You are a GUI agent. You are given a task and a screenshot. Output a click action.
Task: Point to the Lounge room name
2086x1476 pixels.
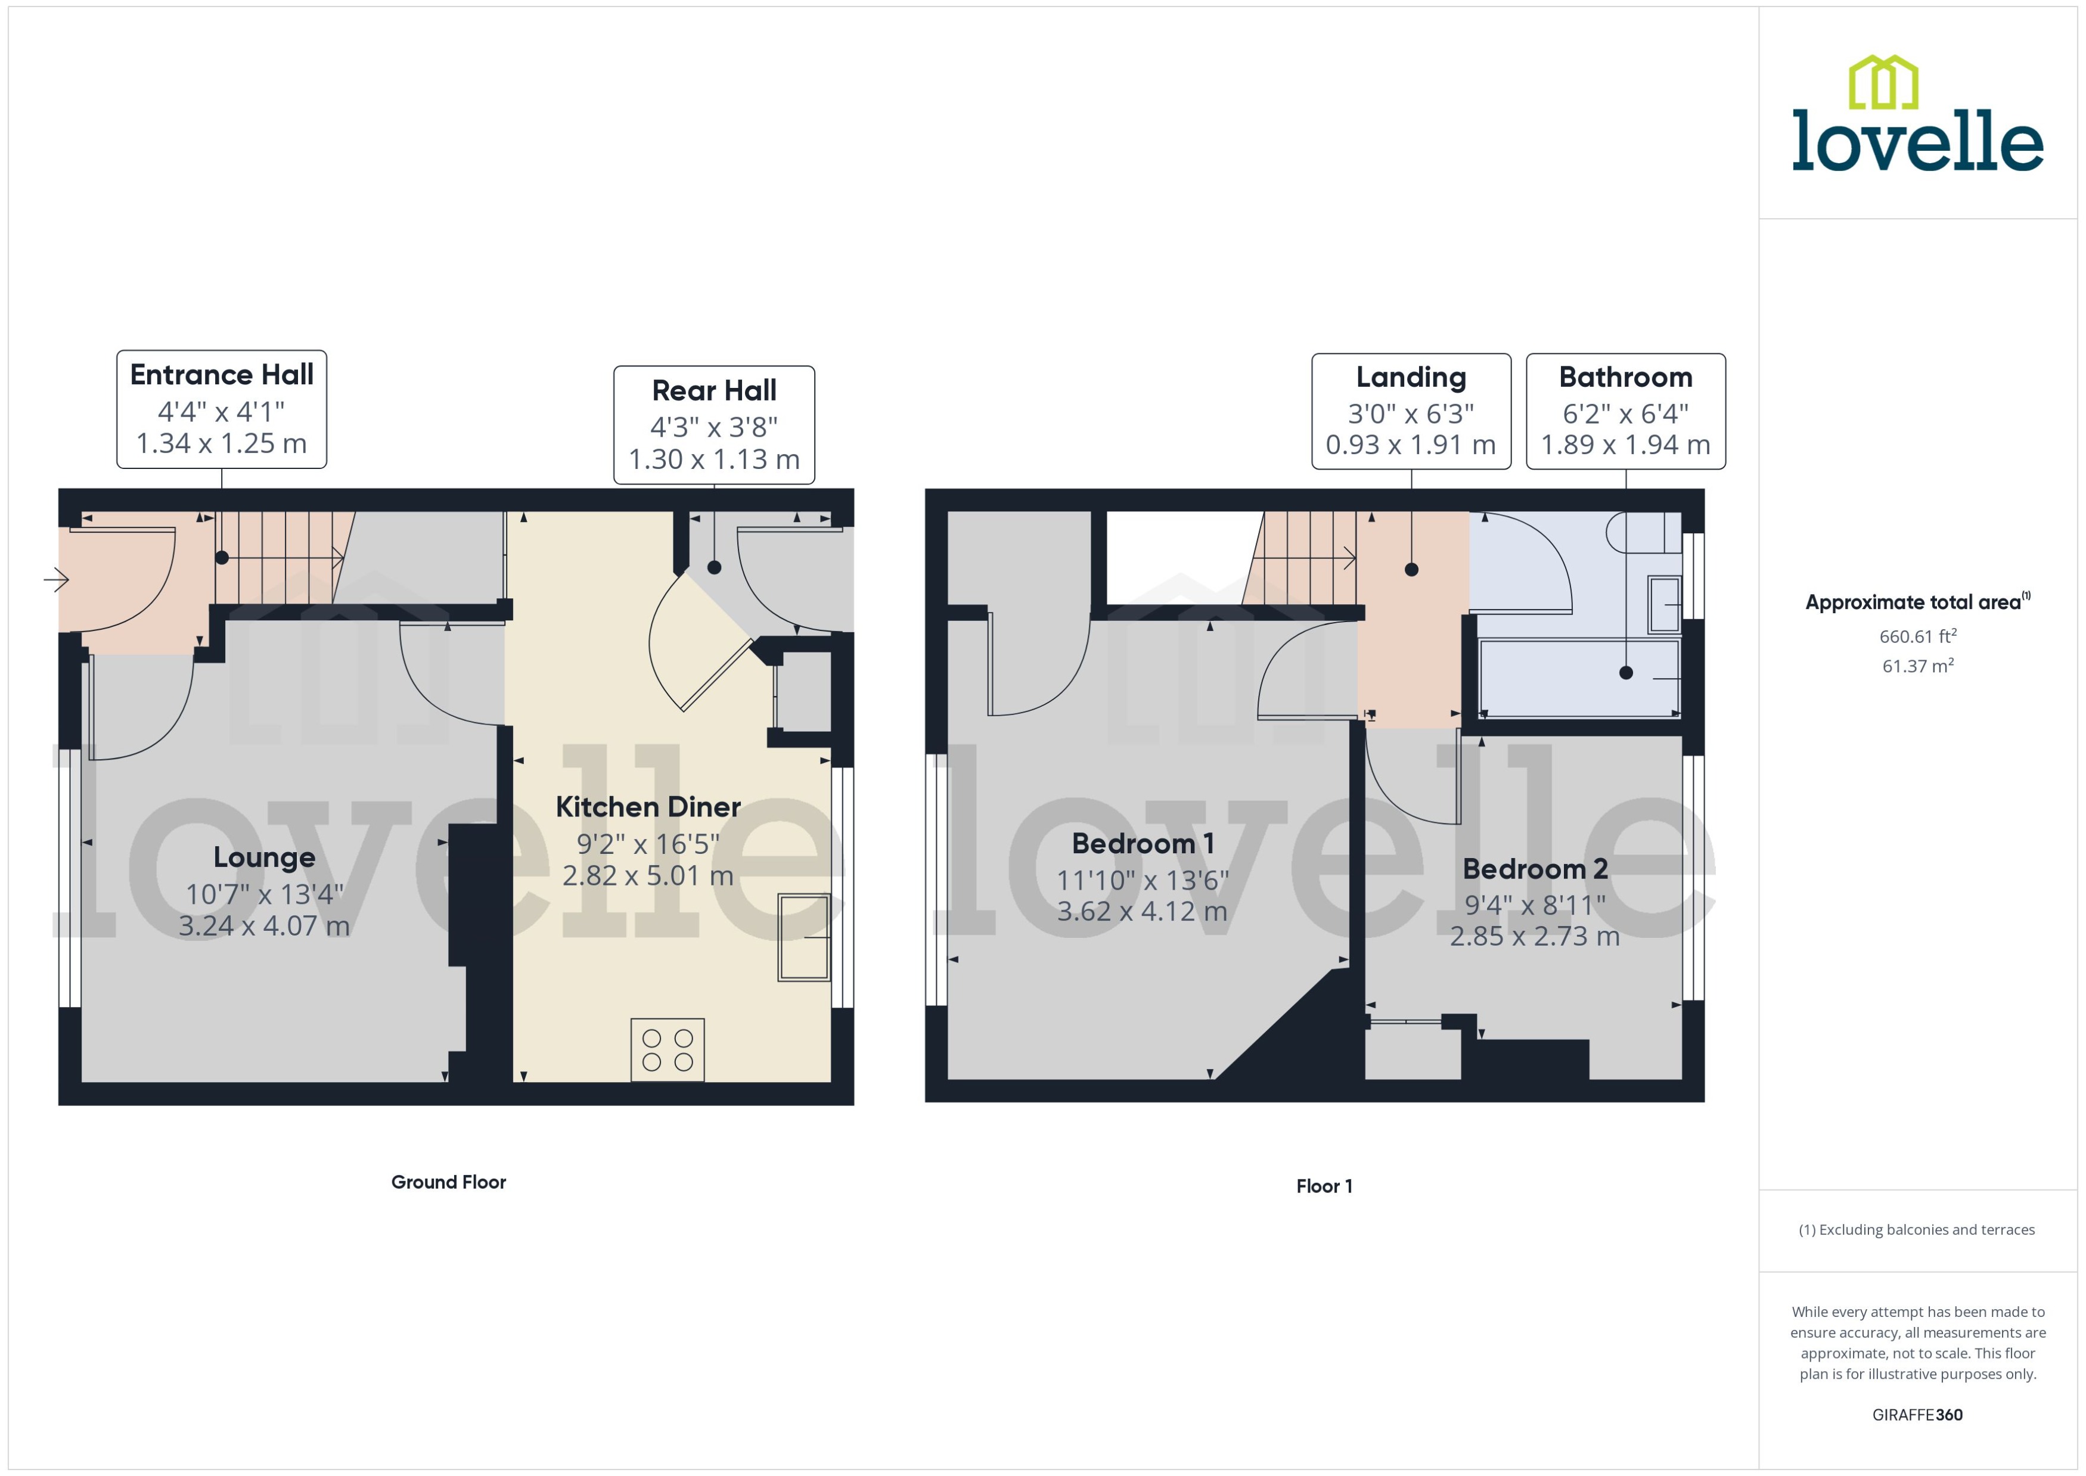[263, 857]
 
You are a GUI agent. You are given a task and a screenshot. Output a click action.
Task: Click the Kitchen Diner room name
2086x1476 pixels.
[647, 806]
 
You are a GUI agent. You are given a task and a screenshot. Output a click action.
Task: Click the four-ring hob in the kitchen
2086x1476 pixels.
[667, 1050]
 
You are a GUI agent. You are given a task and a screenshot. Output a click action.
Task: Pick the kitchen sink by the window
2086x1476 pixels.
[803, 937]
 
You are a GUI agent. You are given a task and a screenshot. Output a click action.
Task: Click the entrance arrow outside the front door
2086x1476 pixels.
[57, 579]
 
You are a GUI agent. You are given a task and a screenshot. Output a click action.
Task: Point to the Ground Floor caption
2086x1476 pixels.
[448, 1182]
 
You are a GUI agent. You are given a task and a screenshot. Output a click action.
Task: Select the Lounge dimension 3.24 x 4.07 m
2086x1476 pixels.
[263, 926]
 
